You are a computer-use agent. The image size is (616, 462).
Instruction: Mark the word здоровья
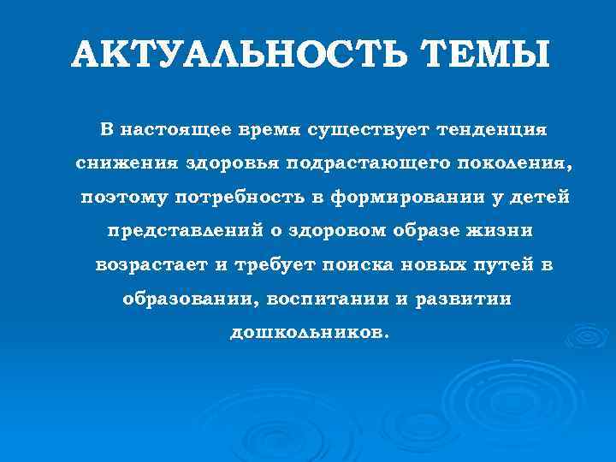coord(223,163)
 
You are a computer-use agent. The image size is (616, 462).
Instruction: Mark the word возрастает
coord(151,265)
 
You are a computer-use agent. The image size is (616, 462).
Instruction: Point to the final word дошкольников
coord(308,333)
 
